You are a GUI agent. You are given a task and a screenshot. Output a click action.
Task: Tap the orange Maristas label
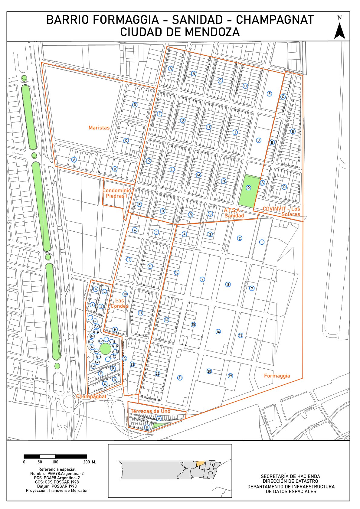[99, 128]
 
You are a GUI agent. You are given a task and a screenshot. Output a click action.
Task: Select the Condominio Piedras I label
[116, 193]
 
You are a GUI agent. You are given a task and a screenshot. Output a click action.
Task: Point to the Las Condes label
[119, 303]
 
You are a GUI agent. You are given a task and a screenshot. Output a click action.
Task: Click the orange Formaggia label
[277, 376]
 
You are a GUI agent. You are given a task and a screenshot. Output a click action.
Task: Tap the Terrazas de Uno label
[150, 411]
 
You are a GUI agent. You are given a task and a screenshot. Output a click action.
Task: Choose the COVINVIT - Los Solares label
[282, 211]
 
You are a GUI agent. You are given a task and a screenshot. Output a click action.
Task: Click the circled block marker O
[248, 188]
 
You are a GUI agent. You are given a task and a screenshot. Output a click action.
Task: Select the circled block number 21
[180, 377]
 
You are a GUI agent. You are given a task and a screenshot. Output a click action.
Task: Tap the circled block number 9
[202, 279]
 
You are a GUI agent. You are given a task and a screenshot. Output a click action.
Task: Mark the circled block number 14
[218, 332]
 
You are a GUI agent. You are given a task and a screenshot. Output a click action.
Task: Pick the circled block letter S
[210, 214]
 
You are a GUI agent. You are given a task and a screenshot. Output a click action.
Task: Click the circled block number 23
[132, 364]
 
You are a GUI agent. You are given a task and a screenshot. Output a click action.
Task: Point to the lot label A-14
[113, 357]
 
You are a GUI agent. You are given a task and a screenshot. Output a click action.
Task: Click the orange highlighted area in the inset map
[200, 463]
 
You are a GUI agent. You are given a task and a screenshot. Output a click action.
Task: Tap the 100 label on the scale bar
[55, 462]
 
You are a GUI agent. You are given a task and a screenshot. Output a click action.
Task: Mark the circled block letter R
[191, 214]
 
